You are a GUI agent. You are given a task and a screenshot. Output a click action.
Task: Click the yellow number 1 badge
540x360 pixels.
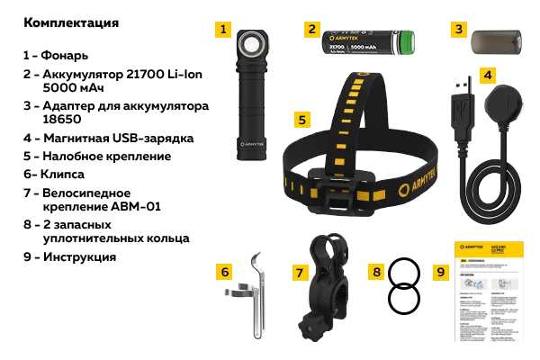tap(221, 29)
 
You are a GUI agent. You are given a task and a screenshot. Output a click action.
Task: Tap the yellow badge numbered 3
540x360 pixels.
tap(459, 29)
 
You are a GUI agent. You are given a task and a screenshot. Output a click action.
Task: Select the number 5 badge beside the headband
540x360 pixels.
tap(302, 118)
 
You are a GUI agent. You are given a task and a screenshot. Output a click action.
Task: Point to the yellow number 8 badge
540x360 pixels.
tap(377, 269)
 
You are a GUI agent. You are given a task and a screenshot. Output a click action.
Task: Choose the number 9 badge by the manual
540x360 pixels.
tap(440, 269)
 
